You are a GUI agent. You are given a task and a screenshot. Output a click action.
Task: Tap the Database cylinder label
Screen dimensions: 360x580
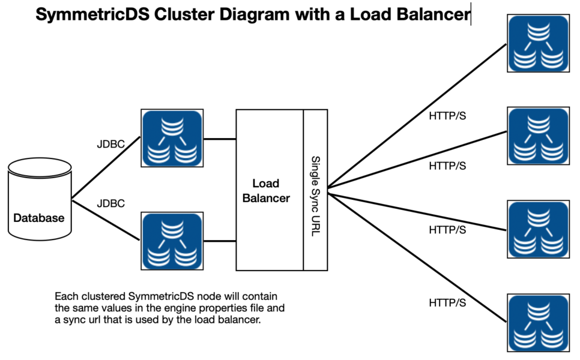click(39, 218)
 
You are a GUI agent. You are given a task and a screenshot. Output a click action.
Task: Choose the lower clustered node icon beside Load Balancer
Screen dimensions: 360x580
click(171, 241)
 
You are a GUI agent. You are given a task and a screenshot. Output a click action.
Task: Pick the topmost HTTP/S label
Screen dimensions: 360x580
click(447, 116)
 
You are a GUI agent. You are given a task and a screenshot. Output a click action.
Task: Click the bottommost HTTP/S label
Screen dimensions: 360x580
click(447, 303)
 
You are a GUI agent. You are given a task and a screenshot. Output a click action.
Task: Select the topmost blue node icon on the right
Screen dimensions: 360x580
click(538, 44)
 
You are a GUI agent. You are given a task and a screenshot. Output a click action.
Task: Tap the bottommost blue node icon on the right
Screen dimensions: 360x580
click(538, 322)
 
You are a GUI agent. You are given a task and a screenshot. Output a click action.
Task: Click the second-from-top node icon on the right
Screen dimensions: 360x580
click(538, 136)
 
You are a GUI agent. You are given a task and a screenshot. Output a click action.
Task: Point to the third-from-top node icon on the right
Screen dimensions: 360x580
click(538, 230)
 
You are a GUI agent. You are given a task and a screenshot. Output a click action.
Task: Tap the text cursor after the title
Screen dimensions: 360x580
click(471, 14)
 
